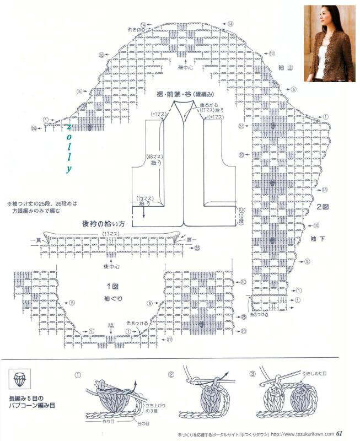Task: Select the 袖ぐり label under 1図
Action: (112, 299)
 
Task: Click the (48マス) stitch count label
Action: (152, 157)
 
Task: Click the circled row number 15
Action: (325, 190)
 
